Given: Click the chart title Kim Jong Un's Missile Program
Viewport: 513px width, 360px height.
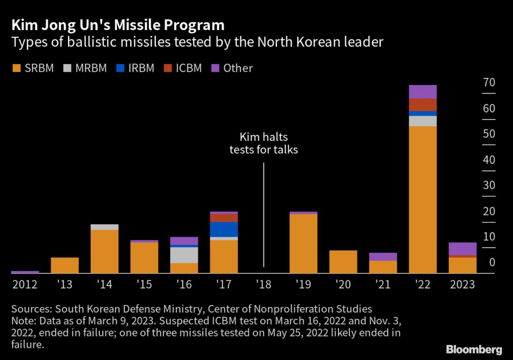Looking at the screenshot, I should (x=117, y=25).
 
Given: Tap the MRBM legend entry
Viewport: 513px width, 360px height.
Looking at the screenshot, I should (x=85, y=68).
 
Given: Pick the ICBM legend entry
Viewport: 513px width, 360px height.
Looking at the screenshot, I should (x=183, y=68).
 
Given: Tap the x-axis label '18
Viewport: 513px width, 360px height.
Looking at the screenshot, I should (x=264, y=284).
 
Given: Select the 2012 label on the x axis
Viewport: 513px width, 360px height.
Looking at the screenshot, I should (x=25, y=284).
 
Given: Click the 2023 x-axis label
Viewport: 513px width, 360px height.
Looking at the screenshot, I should (x=462, y=284).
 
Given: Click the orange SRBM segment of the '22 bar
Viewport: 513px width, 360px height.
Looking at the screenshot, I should (x=423, y=200).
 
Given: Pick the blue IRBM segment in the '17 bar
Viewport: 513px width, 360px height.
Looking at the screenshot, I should (x=224, y=229).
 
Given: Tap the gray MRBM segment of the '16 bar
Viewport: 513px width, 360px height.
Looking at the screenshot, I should (x=184, y=255).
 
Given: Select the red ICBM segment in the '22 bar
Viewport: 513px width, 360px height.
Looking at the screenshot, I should (x=423, y=105).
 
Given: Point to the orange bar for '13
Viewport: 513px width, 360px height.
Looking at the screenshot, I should (x=65, y=265).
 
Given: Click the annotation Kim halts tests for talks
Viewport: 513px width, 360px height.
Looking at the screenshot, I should (x=264, y=143).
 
